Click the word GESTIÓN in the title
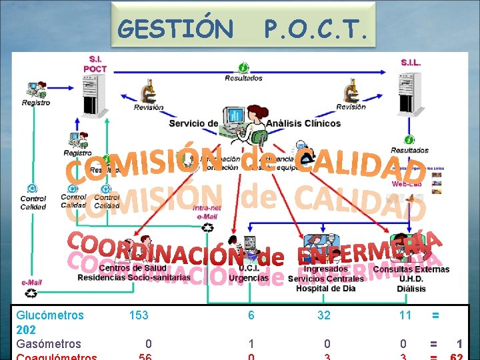click(x=175, y=28)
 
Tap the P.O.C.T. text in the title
click(x=315, y=29)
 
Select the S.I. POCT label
click(x=95, y=64)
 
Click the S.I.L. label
click(x=411, y=62)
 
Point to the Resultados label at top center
click(x=243, y=78)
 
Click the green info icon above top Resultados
click(x=243, y=67)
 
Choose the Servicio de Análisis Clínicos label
click(x=255, y=123)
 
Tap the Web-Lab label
click(x=406, y=183)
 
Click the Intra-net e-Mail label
click(x=206, y=212)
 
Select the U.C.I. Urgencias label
click(x=249, y=273)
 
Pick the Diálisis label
click(x=411, y=289)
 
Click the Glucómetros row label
click(x=50, y=315)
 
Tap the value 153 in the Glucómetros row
click(x=139, y=315)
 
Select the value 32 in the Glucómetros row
click(x=323, y=315)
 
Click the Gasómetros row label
click(x=49, y=344)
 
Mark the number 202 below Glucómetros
click(x=26, y=330)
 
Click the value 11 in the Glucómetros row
click(x=405, y=315)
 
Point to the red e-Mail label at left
click(x=31, y=282)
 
